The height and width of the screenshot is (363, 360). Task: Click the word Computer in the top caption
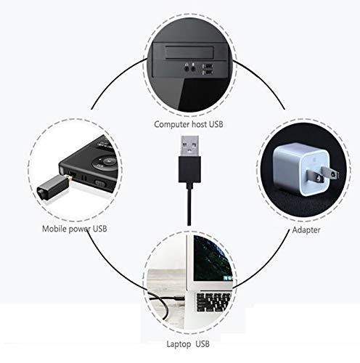tap(172, 125)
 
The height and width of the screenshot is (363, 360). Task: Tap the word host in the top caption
tap(200, 124)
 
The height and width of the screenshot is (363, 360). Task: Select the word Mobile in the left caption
tap(54, 229)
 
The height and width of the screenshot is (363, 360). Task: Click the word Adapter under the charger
tap(306, 230)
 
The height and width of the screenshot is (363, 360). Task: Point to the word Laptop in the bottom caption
tap(179, 344)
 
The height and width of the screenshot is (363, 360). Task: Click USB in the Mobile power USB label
tap(100, 229)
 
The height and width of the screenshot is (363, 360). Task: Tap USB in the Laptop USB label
tap(202, 344)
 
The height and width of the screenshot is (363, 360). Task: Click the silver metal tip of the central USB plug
tap(190, 146)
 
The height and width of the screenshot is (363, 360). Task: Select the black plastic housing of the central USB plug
tap(189, 169)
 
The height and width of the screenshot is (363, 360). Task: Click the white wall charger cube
tap(300, 168)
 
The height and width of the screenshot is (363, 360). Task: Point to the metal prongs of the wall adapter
tap(322, 175)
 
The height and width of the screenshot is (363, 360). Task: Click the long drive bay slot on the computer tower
tap(189, 52)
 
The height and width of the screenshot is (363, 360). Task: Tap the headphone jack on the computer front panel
tap(187, 69)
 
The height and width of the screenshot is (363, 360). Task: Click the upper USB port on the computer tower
tap(208, 66)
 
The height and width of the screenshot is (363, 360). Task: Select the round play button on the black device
tap(107, 161)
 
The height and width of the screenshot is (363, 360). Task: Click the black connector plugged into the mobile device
tap(53, 187)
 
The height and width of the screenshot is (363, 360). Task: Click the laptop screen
tap(213, 259)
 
